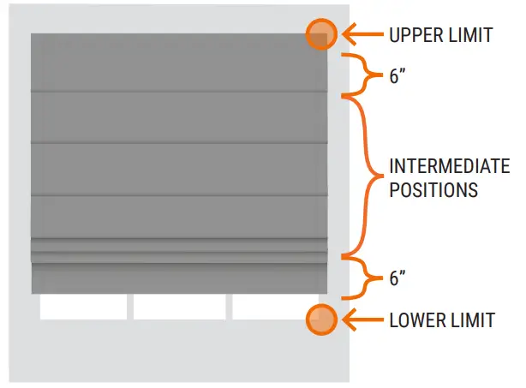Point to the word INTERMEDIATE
tap(449, 166)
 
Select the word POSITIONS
tap(433, 190)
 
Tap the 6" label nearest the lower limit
tap(397, 279)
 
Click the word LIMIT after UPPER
tap(473, 35)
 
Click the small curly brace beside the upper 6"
tap(363, 75)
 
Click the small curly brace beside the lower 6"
tap(363, 278)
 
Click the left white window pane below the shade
tap(82, 307)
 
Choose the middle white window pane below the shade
tap(179, 307)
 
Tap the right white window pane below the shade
tap(271, 307)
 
